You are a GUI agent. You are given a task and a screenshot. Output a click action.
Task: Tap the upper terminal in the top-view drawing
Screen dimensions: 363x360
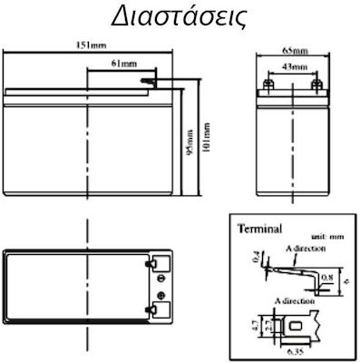point(161,267)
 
